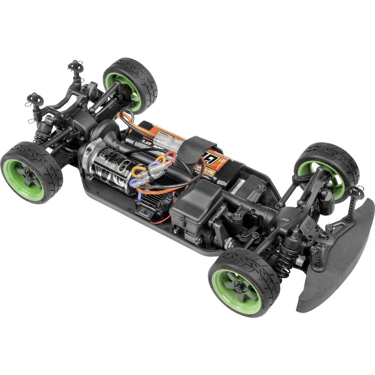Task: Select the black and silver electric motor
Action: pos(109,165)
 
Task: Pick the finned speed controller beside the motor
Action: pos(150,202)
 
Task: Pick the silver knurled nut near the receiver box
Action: pos(229,244)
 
